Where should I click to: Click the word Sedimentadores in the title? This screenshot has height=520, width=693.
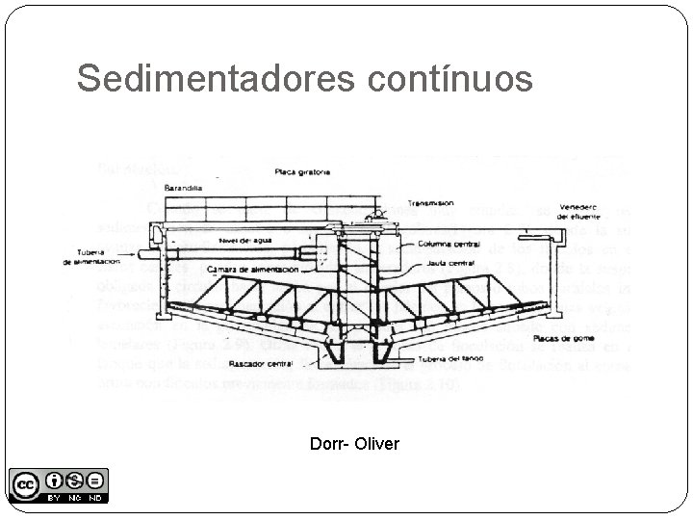point(218,79)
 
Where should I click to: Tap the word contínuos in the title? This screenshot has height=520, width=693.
point(450,79)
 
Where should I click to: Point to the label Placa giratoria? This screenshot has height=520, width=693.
point(302,171)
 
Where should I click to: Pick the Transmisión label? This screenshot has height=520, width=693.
point(429,203)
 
